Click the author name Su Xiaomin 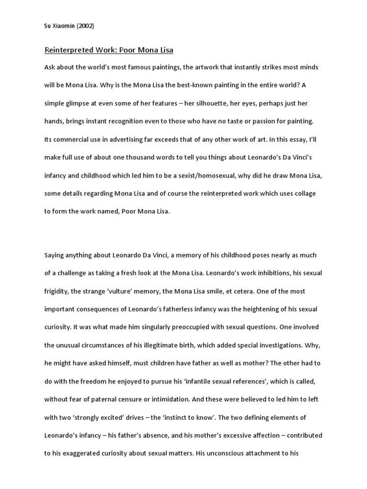click(63, 26)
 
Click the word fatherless click(183, 309)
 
